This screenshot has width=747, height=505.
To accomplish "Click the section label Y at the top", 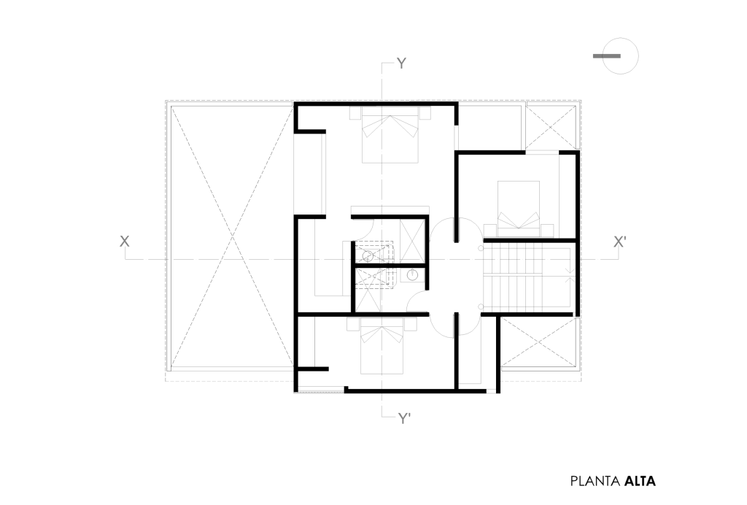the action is click(402, 63).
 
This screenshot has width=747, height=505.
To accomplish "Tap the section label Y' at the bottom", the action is click(404, 419).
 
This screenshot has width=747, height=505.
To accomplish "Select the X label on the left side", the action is click(124, 242).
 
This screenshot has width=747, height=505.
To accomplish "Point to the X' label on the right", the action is click(619, 242).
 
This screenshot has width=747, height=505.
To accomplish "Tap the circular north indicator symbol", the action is click(620, 55).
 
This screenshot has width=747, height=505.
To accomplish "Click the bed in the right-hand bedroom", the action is click(519, 209).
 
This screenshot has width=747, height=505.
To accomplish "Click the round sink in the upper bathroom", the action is click(368, 256).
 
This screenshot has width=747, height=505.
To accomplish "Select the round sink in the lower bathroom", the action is click(412, 274).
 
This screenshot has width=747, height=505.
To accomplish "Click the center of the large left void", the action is click(231, 236).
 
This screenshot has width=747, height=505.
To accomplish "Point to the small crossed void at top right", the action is click(551, 127).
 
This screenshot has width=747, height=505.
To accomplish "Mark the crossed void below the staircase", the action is click(539, 342).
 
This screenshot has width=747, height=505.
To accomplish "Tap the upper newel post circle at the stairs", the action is click(481, 248).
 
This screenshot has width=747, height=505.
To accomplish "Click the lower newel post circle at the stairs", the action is click(481, 307).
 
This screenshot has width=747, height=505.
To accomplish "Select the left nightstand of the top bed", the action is click(356, 113).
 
